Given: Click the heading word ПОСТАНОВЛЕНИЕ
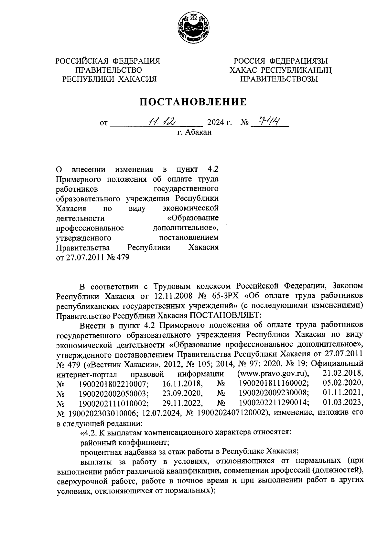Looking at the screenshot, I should point(193,102).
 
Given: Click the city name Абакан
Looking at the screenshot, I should point(199,132).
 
